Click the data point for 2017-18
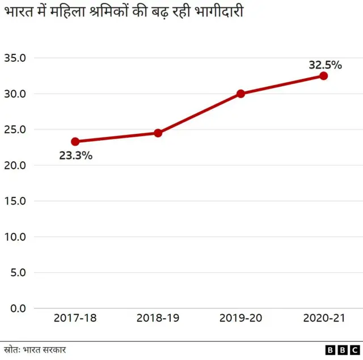75,141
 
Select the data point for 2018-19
158,133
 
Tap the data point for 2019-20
240,94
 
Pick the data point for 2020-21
323,76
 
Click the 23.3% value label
75,155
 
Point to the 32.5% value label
325,65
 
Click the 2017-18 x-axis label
75,318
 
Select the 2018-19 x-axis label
158,318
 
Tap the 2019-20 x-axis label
240,318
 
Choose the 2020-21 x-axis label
323,318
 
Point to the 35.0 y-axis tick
15,58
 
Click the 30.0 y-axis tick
15,94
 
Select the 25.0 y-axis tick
15,129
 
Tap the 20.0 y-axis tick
15,165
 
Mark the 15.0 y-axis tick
15,201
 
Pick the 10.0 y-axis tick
15,236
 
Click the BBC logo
342,350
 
